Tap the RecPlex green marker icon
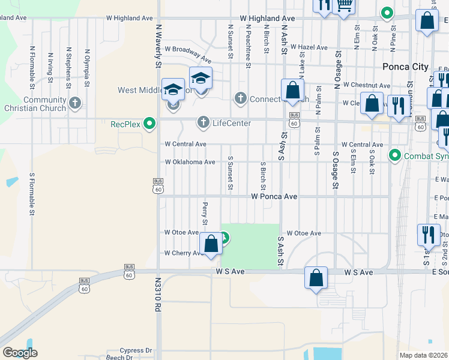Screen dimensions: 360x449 click(x=150, y=124)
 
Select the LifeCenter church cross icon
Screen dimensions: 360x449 click(x=203, y=123)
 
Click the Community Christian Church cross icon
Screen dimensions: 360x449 click(x=75, y=103)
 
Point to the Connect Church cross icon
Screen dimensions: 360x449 click(x=241, y=98)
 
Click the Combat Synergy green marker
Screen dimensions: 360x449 click(x=394, y=156)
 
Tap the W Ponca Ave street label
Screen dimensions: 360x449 click(x=274, y=196)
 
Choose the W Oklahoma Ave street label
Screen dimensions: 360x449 click(x=190, y=162)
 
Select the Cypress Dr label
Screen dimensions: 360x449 click(x=136, y=350)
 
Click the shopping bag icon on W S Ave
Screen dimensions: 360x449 click(x=316, y=278)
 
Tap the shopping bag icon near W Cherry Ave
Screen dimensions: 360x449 click(x=211, y=244)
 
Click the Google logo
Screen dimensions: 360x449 click(x=20, y=352)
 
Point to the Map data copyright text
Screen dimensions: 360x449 click(x=424, y=355)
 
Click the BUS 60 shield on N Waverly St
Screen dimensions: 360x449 click(x=158, y=187)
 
